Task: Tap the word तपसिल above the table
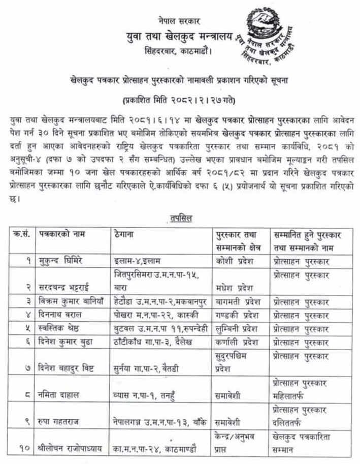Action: (x=181, y=219)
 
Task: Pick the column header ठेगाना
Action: (x=126, y=235)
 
